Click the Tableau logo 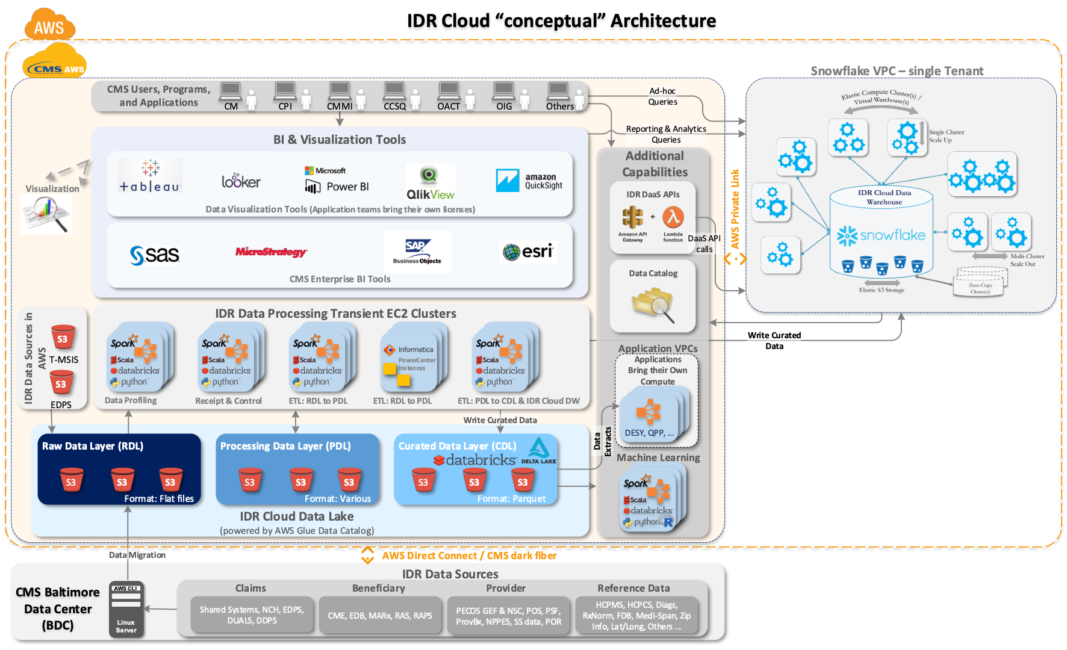tap(150, 176)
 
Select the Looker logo tap(241, 181)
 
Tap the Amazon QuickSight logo tap(529, 181)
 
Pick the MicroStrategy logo tap(271, 252)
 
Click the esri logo tap(528, 252)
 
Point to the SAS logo tap(155, 255)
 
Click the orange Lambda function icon tap(673, 217)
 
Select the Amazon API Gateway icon tap(632, 217)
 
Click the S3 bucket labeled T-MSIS tap(63, 338)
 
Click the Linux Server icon tap(126, 608)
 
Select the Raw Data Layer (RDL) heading tap(93, 446)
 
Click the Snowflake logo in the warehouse tap(881, 235)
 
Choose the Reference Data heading tap(633, 588)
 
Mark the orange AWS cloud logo tap(49, 25)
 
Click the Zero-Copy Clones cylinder tap(980, 283)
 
